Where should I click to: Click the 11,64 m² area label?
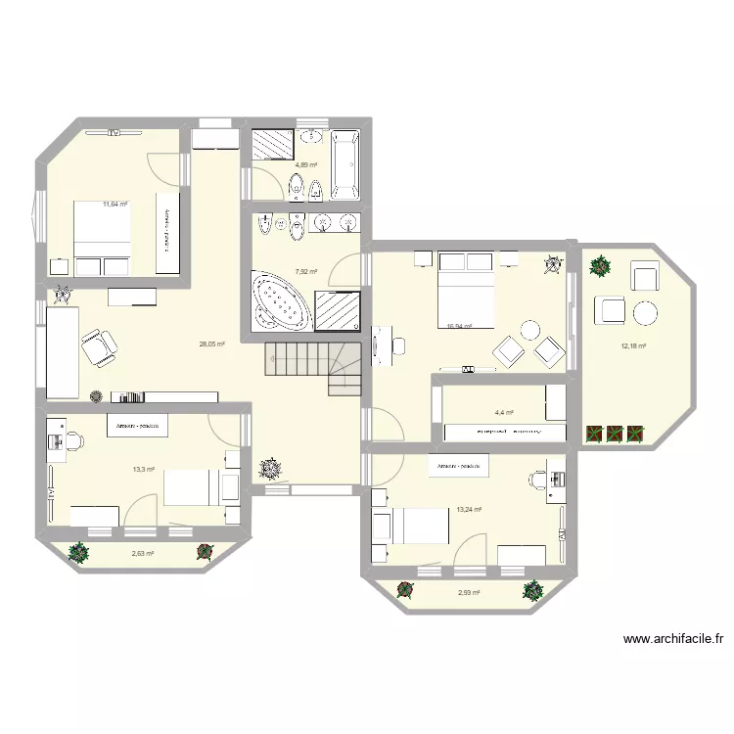pos(115,205)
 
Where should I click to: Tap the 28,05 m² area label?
pos(212,344)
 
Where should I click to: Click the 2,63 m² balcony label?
pos(143,554)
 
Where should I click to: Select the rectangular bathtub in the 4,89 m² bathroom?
pos(344,163)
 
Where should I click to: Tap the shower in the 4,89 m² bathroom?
pos(272,144)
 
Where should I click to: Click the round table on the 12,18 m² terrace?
pos(646,313)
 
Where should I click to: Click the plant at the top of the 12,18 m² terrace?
pos(599,264)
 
